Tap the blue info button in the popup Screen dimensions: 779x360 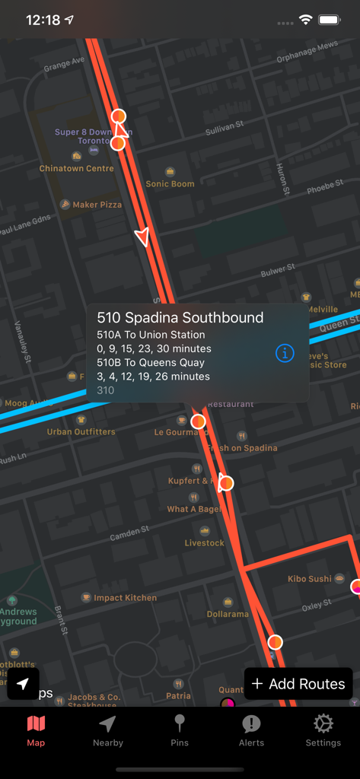point(285,353)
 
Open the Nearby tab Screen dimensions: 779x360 point(107,730)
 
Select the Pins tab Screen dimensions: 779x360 point(180,730)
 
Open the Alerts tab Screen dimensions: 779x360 point(251,730)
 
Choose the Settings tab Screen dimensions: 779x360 point(323,730)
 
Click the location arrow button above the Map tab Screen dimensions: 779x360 point(24,684)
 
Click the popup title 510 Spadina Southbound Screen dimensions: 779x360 point(180,318)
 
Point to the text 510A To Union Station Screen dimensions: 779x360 point(151,335)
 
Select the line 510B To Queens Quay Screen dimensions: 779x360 point(151,363)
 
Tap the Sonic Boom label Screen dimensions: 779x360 point(170,183)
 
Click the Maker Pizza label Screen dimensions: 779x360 point(97,205)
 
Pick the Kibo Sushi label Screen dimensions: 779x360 point(310,579)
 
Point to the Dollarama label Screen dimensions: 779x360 point(228,614)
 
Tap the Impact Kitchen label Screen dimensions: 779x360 point(125,598)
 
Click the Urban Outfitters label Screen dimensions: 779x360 point(81,432)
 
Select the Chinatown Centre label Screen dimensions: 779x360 point(77,169)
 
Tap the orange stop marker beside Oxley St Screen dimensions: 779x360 point(276,642)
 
